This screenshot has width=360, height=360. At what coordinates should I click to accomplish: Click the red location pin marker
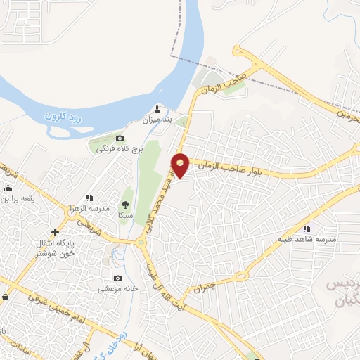click(x=181, y=165)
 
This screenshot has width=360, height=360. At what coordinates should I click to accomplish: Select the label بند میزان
click(x=158, y=121)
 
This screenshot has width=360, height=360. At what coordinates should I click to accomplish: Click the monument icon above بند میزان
click(x=157, y=110)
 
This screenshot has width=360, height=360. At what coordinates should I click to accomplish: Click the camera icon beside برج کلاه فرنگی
click(x=120, y=138)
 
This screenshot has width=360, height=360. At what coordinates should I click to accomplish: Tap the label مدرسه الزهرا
click(x=89, y=209)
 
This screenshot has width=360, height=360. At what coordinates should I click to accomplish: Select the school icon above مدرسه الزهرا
click(x=89, y=198)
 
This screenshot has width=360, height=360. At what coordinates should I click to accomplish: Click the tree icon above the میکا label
click(x=126, y=203)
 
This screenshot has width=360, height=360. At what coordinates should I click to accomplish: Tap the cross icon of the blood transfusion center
click(x=56, y=232)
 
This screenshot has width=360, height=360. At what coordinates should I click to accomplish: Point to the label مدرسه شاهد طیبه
click(x=307, y=239)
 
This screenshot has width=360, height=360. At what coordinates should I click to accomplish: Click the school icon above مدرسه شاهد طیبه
click(x=307, y=229)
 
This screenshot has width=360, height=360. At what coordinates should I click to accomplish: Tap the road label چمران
click(x=200, y=288)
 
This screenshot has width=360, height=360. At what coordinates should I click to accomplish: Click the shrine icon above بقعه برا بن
click(x=8, y=188)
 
